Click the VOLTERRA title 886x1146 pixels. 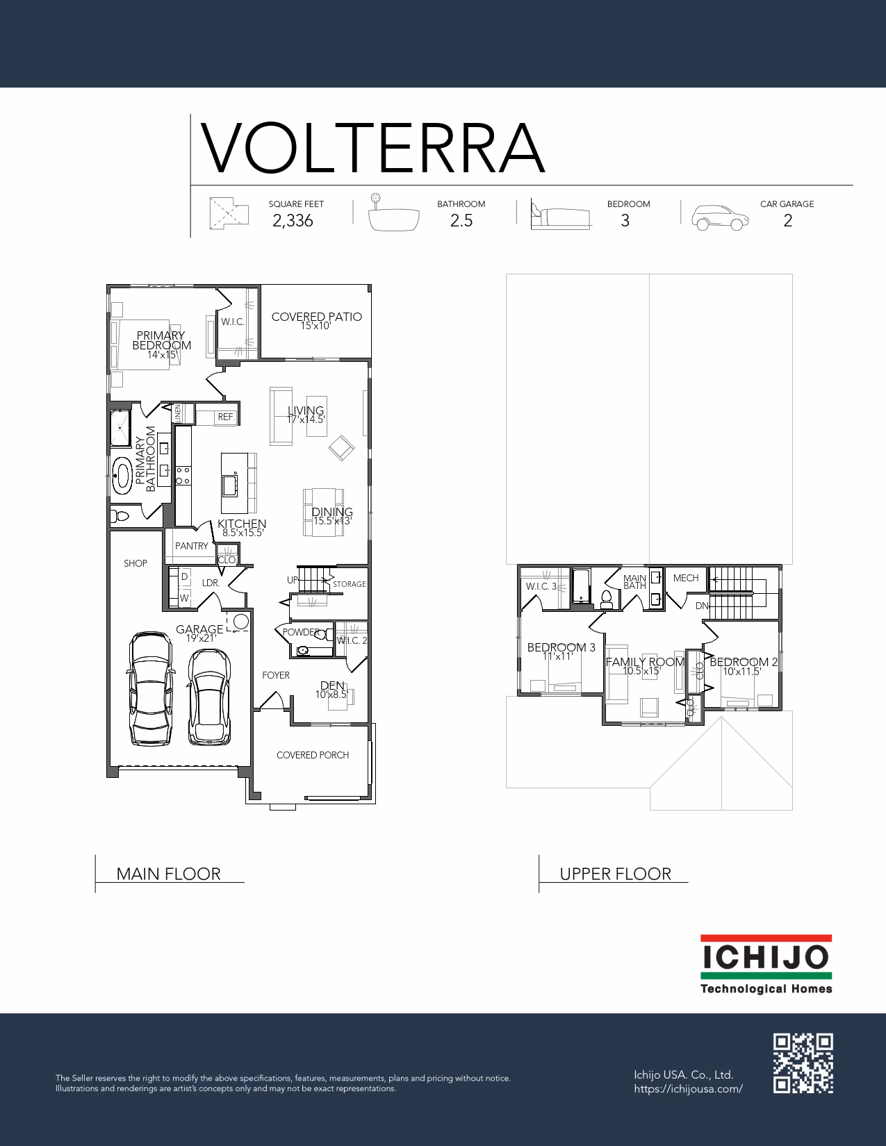[x=372, y=148]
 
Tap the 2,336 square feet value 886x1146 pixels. [x=293, y=220]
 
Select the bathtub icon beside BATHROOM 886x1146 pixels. [x=393, y=213]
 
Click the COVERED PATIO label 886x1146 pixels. [x=317, y=317]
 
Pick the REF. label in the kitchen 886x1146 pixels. [x=226, y=417]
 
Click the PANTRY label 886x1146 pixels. [x=192, y=546]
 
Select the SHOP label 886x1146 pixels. [x=135, y=563]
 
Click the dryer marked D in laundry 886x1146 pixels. [x=185, y=577]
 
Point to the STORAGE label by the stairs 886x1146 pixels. [x=350, y=584]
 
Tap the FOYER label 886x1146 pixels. [x=276, y=675]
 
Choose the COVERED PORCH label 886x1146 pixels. [x=313, y=755]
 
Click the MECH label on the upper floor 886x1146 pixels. [x=685, y=578]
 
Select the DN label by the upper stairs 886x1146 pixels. [x=701, y=606]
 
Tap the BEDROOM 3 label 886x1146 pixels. [x=561, y=647]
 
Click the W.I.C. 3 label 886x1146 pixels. [x=541, y=586]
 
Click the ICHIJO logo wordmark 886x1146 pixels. [x=766, y=957]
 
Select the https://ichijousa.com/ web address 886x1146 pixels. [x=688, y=1089]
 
